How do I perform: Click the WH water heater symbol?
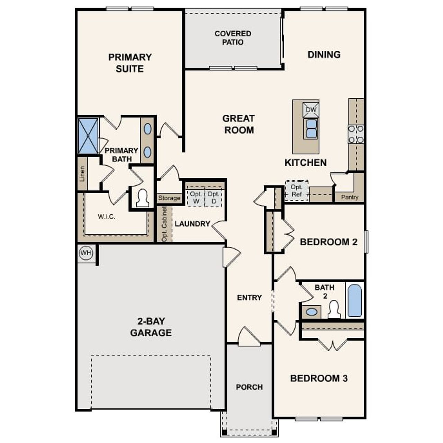click(86, 253)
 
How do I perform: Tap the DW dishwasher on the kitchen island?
click(311, 110)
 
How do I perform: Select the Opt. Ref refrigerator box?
click(297, 191)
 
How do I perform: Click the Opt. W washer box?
click(196, 198)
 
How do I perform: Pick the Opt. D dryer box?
click(213, 198)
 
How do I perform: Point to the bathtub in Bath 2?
click(354, 300)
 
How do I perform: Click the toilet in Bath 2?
click(334, 309)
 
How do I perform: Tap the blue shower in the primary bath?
click(88, 136)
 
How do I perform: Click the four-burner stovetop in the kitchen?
click(356, 134)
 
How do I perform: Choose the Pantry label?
click(350, 197)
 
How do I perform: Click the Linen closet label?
click(82, 174)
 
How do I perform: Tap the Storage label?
click(169, 198)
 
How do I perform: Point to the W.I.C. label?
click(106, 217)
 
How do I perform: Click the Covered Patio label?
click(233, 38)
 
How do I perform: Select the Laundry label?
click(192, 224)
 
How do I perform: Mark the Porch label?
click(249, 387)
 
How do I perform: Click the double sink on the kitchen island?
click(311, 128)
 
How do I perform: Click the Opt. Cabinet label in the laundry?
click(164, 224)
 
